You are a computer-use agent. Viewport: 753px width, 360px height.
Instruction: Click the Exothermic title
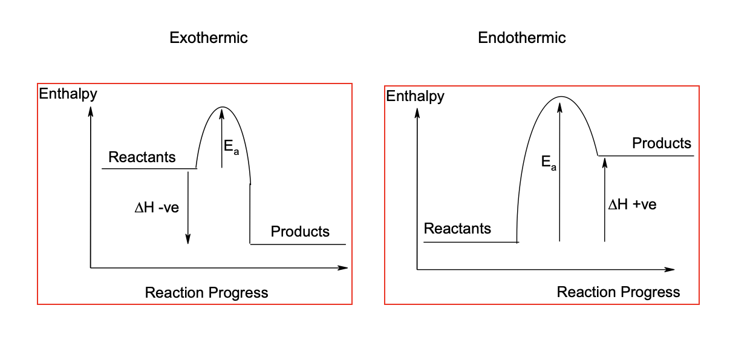click(209, 38)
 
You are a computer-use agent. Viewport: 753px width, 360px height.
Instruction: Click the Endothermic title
click(521, 38)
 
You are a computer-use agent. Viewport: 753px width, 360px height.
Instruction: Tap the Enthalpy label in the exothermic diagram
click(68, 94)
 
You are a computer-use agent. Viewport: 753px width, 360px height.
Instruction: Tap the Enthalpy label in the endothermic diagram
click(415, 96)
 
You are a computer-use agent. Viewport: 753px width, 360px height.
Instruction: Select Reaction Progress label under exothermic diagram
click(206, 293)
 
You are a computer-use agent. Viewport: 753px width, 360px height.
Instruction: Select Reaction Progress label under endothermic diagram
click(618, 292)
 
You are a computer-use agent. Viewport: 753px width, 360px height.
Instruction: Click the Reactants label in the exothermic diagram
click(142, 157)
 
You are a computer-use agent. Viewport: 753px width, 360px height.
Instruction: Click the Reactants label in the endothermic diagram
click(457, 229)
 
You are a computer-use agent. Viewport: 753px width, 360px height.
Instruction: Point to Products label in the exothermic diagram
click(300, 231)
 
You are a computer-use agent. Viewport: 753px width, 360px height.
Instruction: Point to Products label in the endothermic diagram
click(661, 143)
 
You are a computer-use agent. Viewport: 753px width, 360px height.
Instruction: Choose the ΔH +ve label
click(632, 205)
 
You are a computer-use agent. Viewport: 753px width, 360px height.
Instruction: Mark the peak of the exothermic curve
click(223, 107)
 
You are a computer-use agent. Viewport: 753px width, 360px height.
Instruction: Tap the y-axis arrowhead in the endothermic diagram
click(417, 111)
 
